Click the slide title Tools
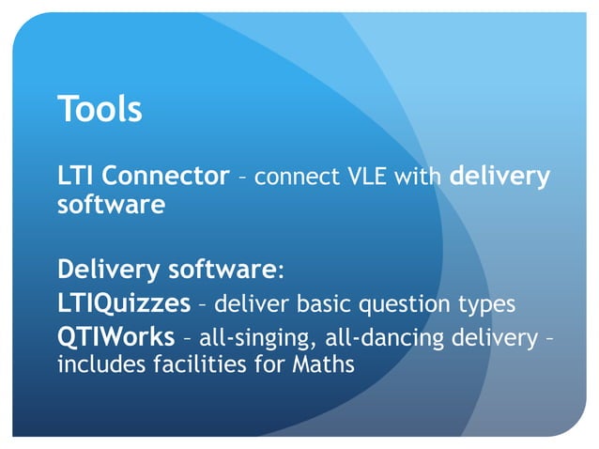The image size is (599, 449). pos(100,109)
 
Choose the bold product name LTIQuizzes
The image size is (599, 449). pos(115,304)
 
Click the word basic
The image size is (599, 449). pos(334,304)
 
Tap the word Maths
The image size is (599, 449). pos(326,364)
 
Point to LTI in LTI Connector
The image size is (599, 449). pos(75,176)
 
